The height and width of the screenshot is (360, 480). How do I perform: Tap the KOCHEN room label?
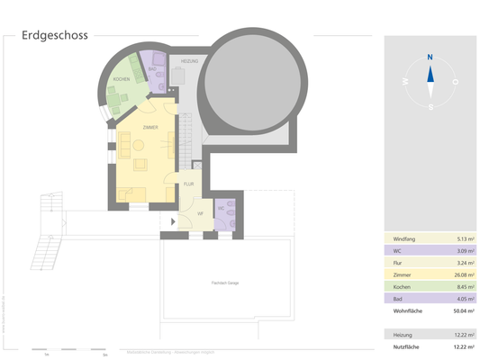click(x=121, y=81)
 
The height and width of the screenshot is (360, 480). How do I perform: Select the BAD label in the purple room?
click(x=151, y=68)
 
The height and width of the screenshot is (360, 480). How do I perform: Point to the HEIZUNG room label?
click(x=188, y=61)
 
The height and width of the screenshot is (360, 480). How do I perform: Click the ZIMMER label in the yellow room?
click(x=149, y=128)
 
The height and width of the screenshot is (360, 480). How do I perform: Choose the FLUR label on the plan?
click(x=188, y=184)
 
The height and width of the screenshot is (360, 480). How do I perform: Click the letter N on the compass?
click(x=430, y=56)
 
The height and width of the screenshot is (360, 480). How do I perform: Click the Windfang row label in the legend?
click(x=405, y=238)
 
